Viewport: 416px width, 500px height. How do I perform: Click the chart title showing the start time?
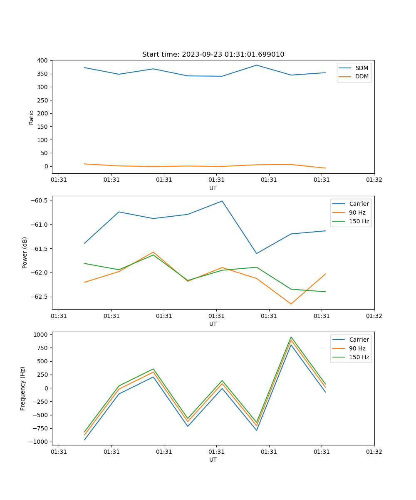coord(213,54)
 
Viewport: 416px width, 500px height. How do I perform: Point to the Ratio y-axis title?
coord(32,117)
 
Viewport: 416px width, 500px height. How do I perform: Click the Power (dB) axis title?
coord(25,252)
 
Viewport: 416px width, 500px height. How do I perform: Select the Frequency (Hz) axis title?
coord(23,388)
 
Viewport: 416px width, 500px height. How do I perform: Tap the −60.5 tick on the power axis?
coord(39,200)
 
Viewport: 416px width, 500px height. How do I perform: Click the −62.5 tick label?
coord(39,297)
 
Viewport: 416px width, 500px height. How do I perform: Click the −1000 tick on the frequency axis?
coord(40,442)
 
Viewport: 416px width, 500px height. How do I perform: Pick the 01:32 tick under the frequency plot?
coord(374,451)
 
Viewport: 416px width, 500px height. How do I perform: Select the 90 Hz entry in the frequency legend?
coord(357,348)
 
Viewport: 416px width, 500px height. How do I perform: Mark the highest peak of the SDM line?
coord(257,65)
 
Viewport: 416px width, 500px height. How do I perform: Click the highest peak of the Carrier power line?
coord(222,201)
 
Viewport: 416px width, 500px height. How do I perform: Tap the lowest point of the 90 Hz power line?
coord(291,304)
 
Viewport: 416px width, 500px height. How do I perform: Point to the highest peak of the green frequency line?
coord(291,337)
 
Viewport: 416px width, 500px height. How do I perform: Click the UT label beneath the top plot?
coord(213,188)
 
